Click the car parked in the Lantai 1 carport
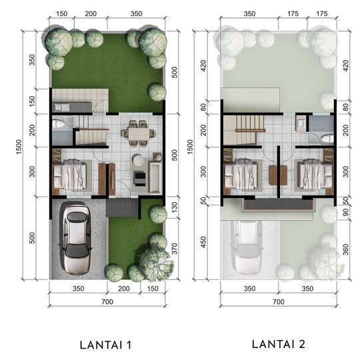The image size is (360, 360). (x=75, y=238)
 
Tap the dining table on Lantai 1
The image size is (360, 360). (x=139, y=133)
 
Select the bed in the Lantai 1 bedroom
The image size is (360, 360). (x=70, y=175)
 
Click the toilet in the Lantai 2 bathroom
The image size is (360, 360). (x=327, y=139)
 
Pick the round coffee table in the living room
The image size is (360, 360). (x=137, y=160)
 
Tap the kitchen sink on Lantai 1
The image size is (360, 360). (x=58, y=107)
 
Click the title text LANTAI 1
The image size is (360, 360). (x=105, y=345)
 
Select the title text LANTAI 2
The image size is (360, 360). (x=278, y=344)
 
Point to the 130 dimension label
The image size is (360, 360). (x=175, y=207)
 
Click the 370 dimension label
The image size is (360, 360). (x=175, y=249)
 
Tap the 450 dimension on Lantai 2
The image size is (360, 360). (x=203, y=242)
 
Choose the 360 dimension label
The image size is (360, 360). (x=345, y=249)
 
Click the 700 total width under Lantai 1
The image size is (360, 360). (x=107, y=301)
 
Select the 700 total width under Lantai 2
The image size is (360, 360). (x=279, y=301)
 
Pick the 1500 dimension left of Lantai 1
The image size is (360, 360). (x=19, y=147)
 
